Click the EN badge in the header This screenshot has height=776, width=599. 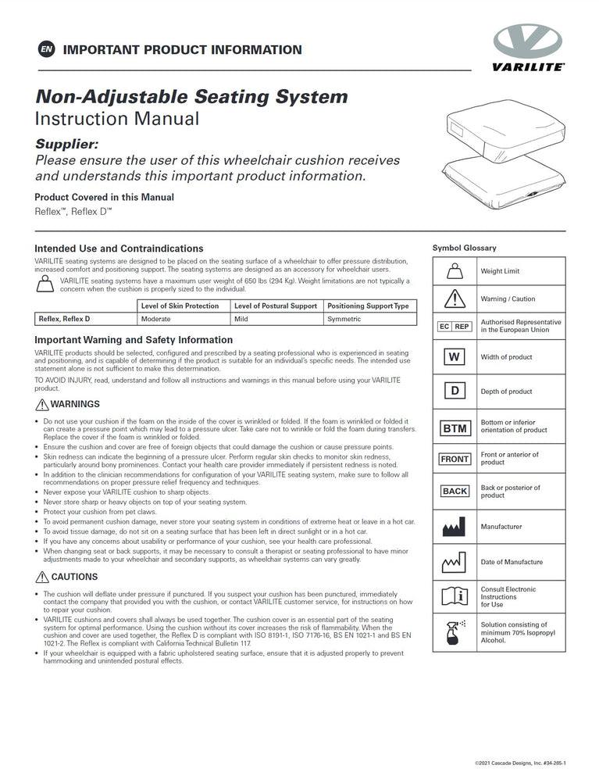click(x=46, y=50)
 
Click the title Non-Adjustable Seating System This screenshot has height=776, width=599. click(x=191, y=97)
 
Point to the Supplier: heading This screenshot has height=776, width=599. click(x=67, y=145)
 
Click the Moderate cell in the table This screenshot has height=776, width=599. click(x=156, y=319)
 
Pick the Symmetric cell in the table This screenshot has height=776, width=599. click(x=344, y=319)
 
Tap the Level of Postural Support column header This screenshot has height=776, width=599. click(x=276, y=306)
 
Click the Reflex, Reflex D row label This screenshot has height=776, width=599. click(x=64, y=319)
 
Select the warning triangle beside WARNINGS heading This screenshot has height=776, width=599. click(x=42, y=404)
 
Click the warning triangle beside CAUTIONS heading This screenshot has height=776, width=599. click(x=42, y=577)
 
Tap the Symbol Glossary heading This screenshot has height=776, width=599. click(x=464, y=248)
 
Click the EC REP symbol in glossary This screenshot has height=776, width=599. click(x=455, y=327)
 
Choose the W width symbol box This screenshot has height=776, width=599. click(x=455, y=357)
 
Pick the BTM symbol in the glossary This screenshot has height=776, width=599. click(x=455, y=428)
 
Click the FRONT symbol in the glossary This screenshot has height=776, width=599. click(x=455, y=459)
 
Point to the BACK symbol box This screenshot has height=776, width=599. click(x=455, y=492)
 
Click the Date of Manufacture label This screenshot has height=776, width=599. click(x=512, y=562)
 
